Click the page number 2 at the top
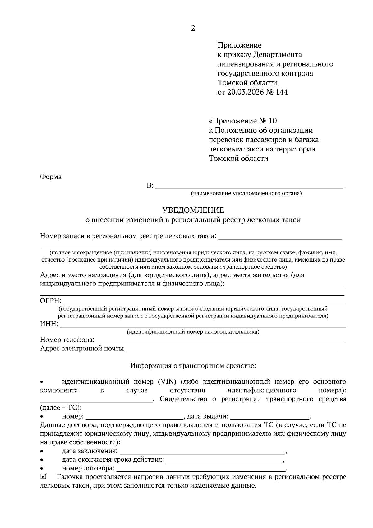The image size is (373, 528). click(x=193, y=29)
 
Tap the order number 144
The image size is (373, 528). click(x=281, y=92)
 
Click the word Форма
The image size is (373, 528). click(x=51, y=177)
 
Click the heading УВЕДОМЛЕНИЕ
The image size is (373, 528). click(x=193, y=210)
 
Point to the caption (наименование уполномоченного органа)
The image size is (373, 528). click(x=246, y=194)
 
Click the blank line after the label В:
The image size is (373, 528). click(x=249, y=187)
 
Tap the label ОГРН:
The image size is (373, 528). click(x=51, y=301)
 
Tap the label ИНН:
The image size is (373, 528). click(x=49, y=324)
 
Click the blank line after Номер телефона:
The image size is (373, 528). click(x=221, y=341)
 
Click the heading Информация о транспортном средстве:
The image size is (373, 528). click(x=193, y=365)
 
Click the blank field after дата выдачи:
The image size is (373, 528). click(x=270, y=417)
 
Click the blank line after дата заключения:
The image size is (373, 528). click(x=202, y=452)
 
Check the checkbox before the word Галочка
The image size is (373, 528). click(x=44, y=477)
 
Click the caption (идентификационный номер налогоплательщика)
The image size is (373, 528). click(x=193, y=332)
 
